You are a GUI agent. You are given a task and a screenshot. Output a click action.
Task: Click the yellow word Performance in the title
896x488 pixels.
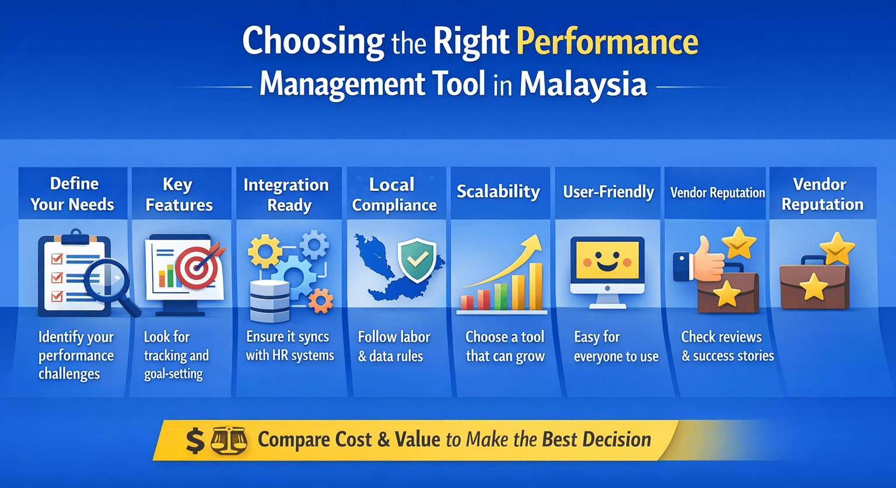click(x=607, y=42)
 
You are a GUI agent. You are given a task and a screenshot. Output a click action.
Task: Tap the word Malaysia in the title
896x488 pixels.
click(x=583, y=85)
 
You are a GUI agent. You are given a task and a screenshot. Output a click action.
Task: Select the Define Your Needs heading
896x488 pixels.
click(x=73, y=194)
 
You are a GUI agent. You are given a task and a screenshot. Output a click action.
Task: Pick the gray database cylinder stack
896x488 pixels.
click(x=269, y=300)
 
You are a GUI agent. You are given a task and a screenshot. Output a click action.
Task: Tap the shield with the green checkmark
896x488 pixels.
click(x=416, y=260)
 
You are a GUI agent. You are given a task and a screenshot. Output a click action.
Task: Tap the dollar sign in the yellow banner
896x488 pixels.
click(x=195, y=440)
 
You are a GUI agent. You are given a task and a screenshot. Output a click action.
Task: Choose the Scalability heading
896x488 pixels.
click(x=498, y=192)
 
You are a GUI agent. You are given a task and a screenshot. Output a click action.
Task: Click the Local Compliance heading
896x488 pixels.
click(x=394, y=195)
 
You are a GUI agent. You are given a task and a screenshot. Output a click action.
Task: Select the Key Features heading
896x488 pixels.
click(x=178, y=195)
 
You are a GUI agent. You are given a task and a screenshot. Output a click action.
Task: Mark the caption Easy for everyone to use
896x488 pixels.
click(x=616, y=346)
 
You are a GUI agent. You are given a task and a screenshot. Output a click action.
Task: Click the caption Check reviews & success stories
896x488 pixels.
click(x=727, y=346)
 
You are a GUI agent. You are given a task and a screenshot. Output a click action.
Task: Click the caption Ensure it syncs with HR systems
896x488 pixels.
click(x=289, y=346)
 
